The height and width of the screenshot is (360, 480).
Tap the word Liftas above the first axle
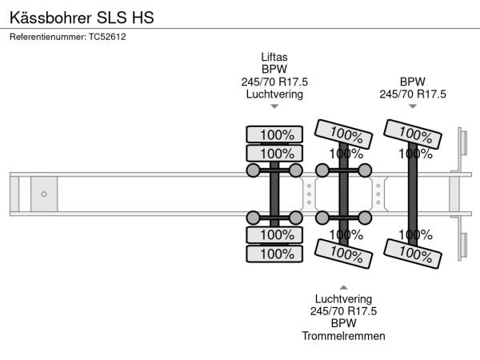(274, 58)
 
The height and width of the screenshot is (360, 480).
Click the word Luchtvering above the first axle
(274, 94)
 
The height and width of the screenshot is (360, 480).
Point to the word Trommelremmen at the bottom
(343, 335)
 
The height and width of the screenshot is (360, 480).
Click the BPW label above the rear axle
(412, 82)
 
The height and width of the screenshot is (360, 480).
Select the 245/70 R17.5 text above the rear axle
(412, 94)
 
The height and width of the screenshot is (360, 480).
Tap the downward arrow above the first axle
(274, 106)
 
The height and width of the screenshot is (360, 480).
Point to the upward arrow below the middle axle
(343, 286)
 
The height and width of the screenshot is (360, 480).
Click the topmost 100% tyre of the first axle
(274, 134)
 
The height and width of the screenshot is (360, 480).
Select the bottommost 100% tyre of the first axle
(274, 254)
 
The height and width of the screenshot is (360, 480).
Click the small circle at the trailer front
(44, 194)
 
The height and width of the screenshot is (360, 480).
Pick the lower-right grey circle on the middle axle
(365, 217)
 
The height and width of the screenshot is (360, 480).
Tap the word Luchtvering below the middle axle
(343, 299)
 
